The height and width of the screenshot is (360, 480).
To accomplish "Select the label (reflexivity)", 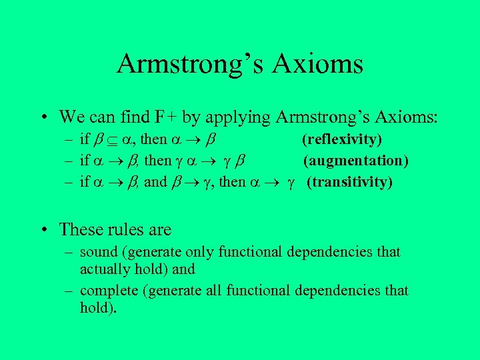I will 342,140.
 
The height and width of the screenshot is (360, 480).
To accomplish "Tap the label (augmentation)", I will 356,161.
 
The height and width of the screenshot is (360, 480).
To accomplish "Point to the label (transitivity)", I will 349,181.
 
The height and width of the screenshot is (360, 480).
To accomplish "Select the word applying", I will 236,118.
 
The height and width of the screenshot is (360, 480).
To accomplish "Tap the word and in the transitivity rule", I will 155,181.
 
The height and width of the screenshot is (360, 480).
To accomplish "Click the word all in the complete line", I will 211,291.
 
